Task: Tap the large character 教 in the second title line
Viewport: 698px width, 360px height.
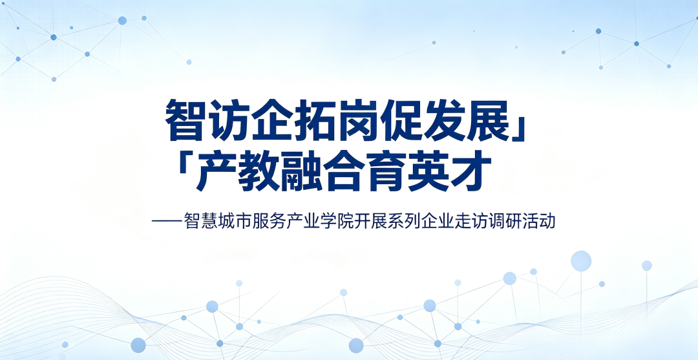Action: click(259, 171)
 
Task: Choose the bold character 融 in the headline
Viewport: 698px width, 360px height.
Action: click(301, 171)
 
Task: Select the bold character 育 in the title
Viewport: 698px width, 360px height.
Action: click(386, 171)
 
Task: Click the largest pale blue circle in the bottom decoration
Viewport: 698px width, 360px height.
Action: click(581, 261)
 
